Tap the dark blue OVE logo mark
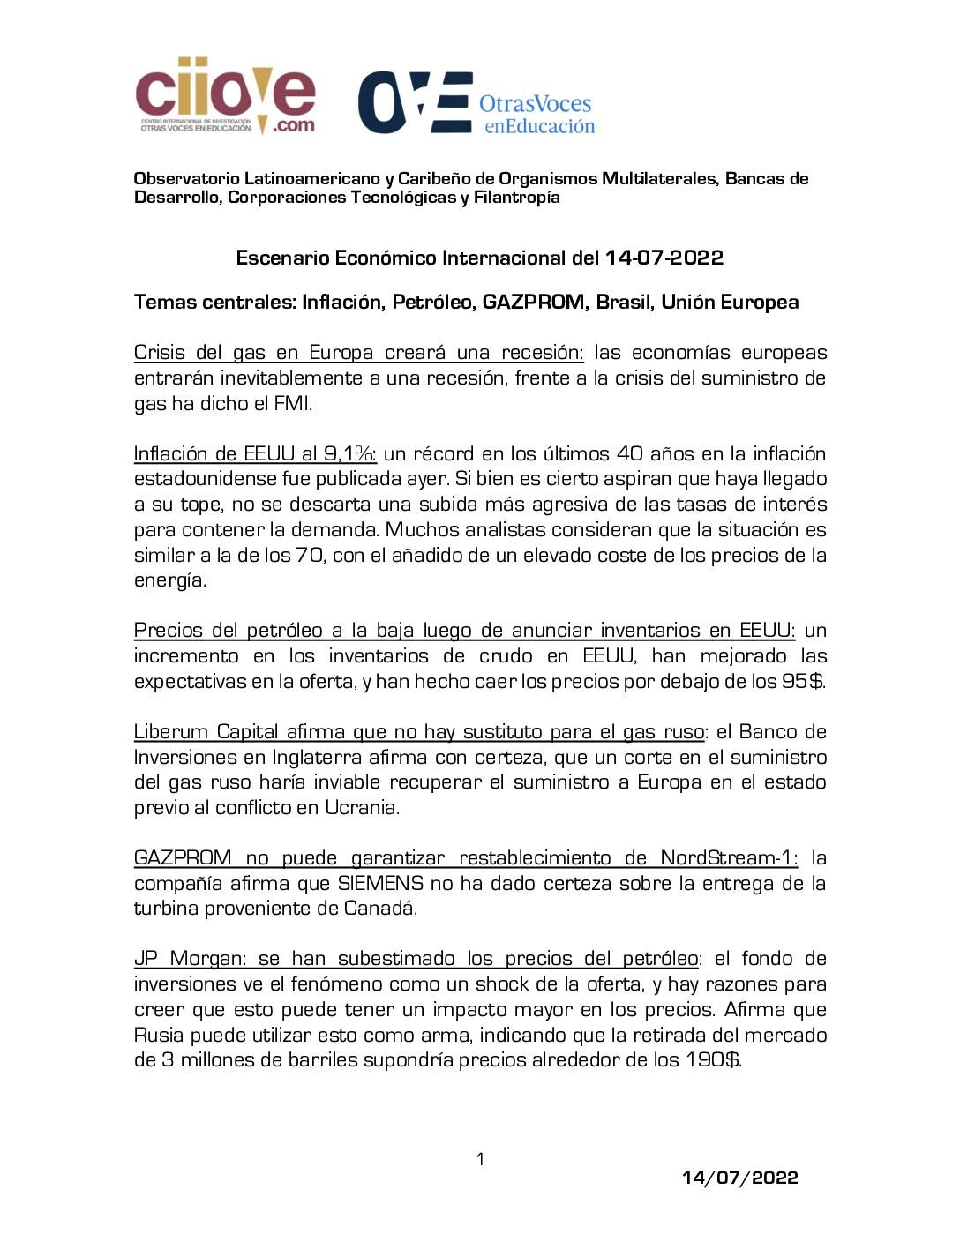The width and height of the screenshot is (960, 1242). (x=414, y=102)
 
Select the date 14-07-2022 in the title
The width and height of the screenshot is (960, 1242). (x=664, y=258)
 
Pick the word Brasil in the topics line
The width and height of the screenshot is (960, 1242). (x=623, y=303)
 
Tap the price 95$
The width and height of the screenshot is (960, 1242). (x=802, y=682)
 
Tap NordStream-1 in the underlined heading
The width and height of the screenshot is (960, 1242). (x=728, y=858)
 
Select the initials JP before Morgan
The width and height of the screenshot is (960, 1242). (x=146, y=959)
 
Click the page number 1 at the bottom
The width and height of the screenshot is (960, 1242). (x=480, y=1159)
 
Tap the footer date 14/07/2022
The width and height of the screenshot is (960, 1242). (x=740, y=1178)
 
